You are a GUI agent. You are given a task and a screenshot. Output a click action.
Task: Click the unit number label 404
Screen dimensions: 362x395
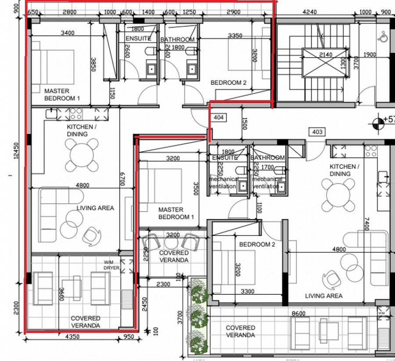point(218,118)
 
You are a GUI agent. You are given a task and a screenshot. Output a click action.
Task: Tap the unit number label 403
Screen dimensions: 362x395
point(316,132)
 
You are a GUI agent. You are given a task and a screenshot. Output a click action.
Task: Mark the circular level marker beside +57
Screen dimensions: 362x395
point(376,123)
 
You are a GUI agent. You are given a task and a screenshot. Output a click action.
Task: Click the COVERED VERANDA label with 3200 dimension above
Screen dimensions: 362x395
point(174,256)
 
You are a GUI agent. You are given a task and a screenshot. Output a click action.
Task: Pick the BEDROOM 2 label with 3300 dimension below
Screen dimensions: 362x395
point(257,244)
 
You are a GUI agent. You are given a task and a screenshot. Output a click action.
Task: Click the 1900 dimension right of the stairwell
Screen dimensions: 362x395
point(370,54)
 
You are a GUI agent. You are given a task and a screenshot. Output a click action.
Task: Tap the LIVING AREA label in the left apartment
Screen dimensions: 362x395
point(95,208)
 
